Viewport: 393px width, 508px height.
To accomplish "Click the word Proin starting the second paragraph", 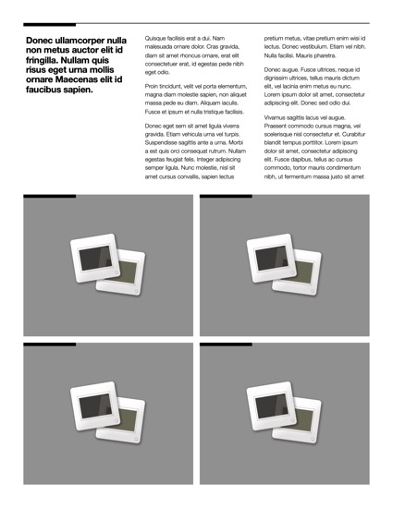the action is (x=152, y=86).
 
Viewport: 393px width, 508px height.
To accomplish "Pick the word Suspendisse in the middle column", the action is (x=160, y=142).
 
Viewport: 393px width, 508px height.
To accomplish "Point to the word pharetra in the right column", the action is (x=325, y=55).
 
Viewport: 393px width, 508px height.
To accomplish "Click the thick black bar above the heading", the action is (x=50, y=25).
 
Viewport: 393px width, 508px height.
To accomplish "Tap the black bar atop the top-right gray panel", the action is (x=226, y=196).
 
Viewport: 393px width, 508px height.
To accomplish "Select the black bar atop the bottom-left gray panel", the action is (x=50, y=345).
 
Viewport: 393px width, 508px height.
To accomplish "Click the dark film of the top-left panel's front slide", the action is (x=95, y=258).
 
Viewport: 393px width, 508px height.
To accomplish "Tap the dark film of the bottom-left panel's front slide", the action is (x=95, y=405).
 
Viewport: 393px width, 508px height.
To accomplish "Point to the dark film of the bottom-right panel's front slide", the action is (x=272, y=405).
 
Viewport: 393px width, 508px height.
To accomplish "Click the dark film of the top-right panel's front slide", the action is (x=272, y=258).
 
